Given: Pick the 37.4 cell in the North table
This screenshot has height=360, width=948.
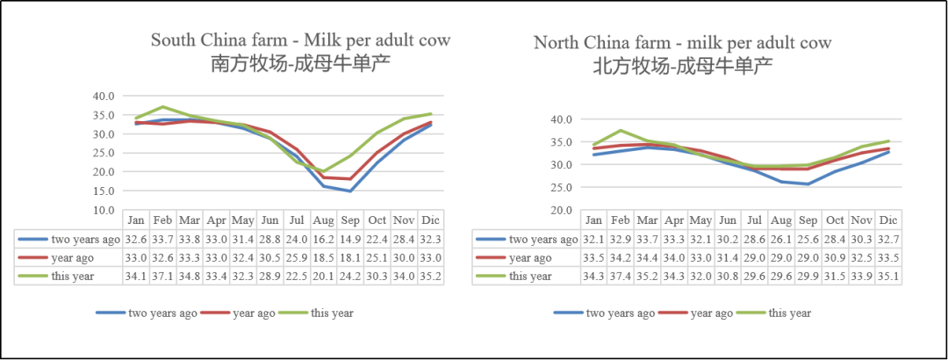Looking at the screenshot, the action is tap(621, 277).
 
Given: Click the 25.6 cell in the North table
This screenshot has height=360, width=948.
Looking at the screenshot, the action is tap(808, 239).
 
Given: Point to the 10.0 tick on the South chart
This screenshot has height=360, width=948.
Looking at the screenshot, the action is tap(104, 210).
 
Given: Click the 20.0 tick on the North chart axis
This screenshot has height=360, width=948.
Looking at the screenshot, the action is tap(561, 210).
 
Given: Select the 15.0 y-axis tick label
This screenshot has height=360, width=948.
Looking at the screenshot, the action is tap(104, 191).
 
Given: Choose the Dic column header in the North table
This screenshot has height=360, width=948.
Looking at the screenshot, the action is tap(888, 220).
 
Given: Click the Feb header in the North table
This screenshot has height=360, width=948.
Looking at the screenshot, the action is tap(621, 220).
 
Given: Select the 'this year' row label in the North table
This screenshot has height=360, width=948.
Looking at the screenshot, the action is tap(530, 277).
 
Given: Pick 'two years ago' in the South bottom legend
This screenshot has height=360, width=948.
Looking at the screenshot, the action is tap(162, 313).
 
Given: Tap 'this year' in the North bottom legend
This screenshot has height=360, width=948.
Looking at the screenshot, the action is tap(790, 313).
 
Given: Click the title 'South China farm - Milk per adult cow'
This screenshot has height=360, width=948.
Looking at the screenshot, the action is tap(300, 40).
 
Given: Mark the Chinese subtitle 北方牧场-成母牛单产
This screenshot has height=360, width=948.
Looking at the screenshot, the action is tap(683, 65).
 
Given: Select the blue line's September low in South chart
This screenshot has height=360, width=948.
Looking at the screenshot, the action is tap(350, 191).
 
